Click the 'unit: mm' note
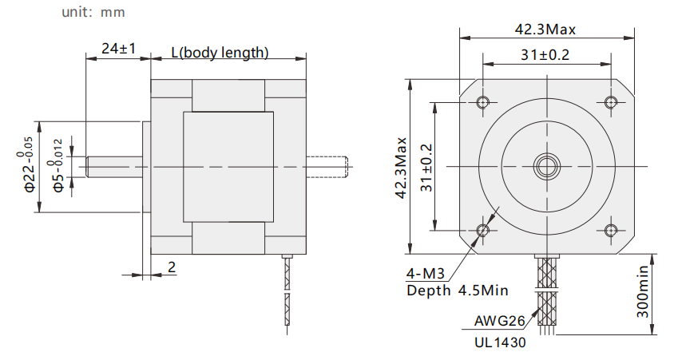(x=93, y=12)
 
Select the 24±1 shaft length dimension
(x=118, y=49)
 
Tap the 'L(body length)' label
(x=220, y=53)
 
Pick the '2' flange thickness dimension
(x=172, y=267)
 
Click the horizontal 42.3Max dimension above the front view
(x=545, y=30)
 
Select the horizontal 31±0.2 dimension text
(x=545, y=55)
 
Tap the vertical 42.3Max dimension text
(x=401, y=168)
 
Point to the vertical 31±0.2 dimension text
(x=426, y=168)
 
